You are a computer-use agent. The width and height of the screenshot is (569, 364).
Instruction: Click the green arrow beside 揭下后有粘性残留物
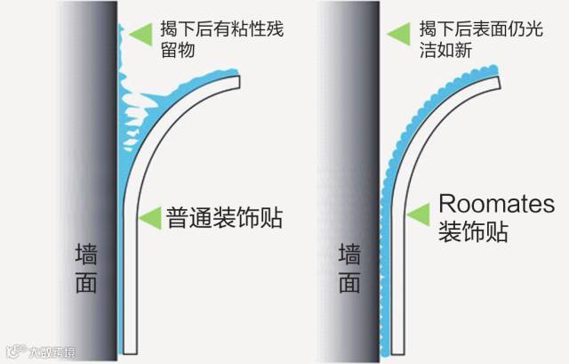click(140, 35)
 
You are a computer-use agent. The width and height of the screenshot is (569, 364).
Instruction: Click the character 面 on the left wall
click(85, 283)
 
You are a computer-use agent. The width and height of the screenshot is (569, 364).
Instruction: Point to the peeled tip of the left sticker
click(237, 81)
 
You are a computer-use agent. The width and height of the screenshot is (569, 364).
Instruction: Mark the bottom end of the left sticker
click(131, 350)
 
